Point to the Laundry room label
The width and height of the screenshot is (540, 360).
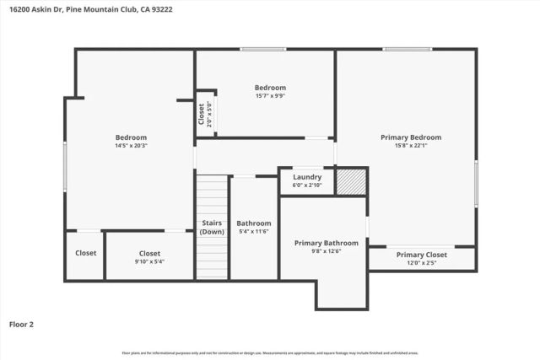[307, 177]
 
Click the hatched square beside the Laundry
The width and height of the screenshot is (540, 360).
[351, 181]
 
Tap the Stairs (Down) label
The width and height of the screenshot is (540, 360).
[212, 228]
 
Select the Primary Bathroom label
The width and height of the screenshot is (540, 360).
[326, 243]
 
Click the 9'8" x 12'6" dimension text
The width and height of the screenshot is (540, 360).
[326, 251]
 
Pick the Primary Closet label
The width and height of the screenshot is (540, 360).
[421, 255]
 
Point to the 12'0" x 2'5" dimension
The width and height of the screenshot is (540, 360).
[421, 263]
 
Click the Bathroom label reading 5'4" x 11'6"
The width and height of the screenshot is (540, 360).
[254, 223]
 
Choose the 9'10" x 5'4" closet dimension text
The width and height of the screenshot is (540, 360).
[149, 261]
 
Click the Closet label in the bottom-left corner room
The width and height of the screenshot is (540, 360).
[85, 253]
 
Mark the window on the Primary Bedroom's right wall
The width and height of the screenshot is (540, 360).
[476, 184]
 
